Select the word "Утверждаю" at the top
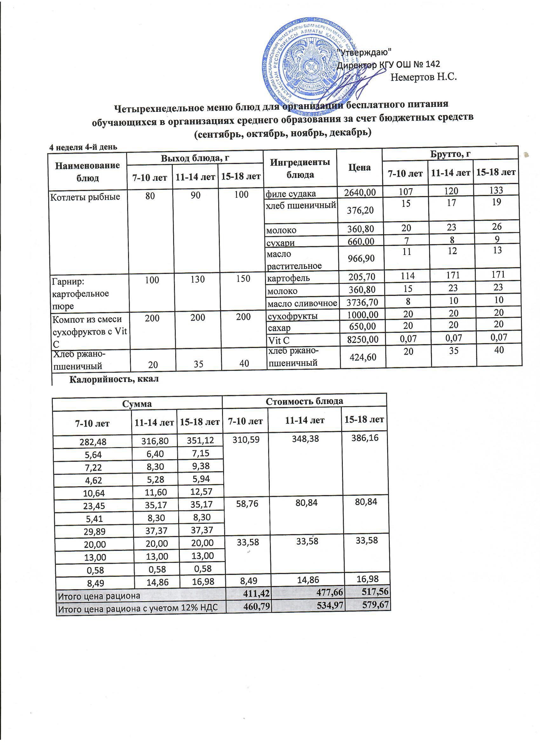pos(364,52)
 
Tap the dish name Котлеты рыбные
pos(84,197)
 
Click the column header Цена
pos(359,168)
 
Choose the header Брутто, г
pos(450,154)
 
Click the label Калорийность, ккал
pos(114,379)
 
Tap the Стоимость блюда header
pos(304,401)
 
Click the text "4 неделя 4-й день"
pos(83,147)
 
